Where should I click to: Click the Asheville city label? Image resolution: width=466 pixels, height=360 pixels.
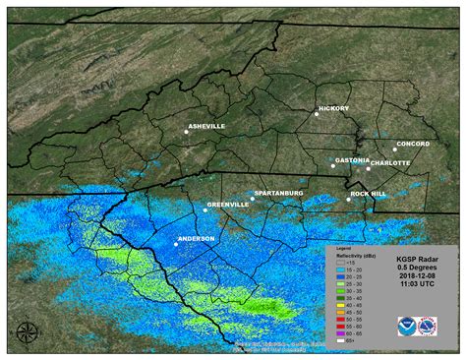205,126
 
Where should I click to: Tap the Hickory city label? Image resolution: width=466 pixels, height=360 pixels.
334,108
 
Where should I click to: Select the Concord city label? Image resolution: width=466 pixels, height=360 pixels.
413,144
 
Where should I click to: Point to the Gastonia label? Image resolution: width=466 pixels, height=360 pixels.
352,159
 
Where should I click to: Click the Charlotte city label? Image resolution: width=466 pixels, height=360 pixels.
390,162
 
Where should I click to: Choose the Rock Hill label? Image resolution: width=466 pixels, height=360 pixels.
368,194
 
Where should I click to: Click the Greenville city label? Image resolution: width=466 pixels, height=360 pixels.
228,205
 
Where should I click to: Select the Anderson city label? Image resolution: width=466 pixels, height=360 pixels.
197,238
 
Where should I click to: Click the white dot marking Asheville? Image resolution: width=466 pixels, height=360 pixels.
186,131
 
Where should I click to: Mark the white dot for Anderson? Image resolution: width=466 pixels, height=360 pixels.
176,244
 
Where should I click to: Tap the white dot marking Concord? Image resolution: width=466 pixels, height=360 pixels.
395,150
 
